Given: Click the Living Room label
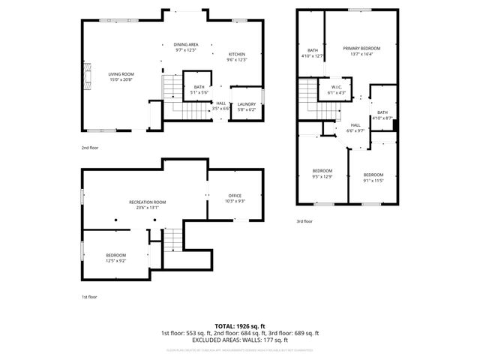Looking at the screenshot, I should (x=121, y=73).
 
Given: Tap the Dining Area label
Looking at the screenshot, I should (x=186, y=45).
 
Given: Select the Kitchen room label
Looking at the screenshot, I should (x=237, y=54).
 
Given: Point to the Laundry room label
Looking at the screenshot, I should (x=247, y=104).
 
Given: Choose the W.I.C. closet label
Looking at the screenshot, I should (x=337, y=87).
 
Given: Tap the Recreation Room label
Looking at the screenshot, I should (x=147, y=202).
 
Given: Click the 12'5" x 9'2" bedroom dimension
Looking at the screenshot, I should (x=115, y=260).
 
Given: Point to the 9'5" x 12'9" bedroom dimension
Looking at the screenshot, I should (x=322, y=176).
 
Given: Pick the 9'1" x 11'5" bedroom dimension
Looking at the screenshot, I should (x=373, y=180).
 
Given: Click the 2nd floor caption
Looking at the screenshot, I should (x=90, y=148).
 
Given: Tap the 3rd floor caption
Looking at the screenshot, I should (x=304, y=221).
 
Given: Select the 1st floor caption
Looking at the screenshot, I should (x=89, y=297).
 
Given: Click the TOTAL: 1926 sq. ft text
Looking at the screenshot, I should (x=240, y=326).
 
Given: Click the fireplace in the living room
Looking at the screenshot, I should (x=88, y=76).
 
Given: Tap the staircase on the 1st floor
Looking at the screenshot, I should (x=173, y=240).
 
